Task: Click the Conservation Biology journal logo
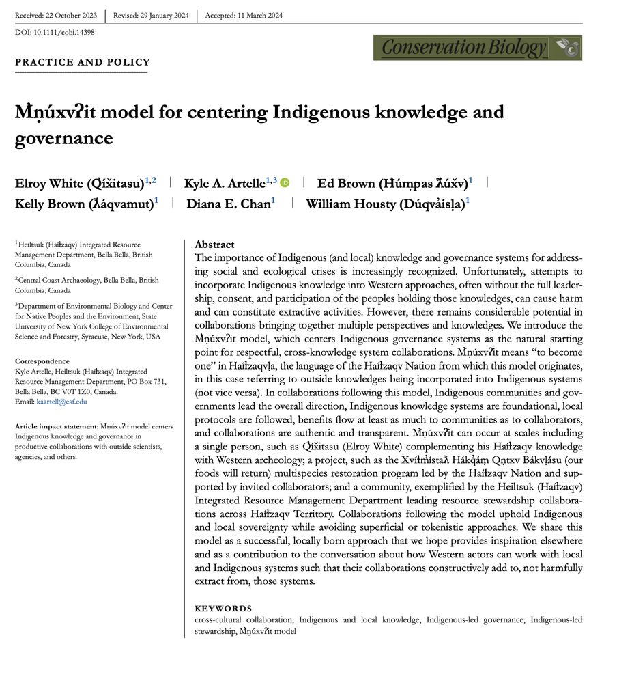coord(477,48)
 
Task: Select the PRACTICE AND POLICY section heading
coord(83,63)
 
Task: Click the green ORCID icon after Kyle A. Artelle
coord(285,182)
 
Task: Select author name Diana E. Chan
coord(229,204)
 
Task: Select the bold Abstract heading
coord(214,245)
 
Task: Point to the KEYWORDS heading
coord(223,609)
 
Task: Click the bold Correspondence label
coord(42,361)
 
